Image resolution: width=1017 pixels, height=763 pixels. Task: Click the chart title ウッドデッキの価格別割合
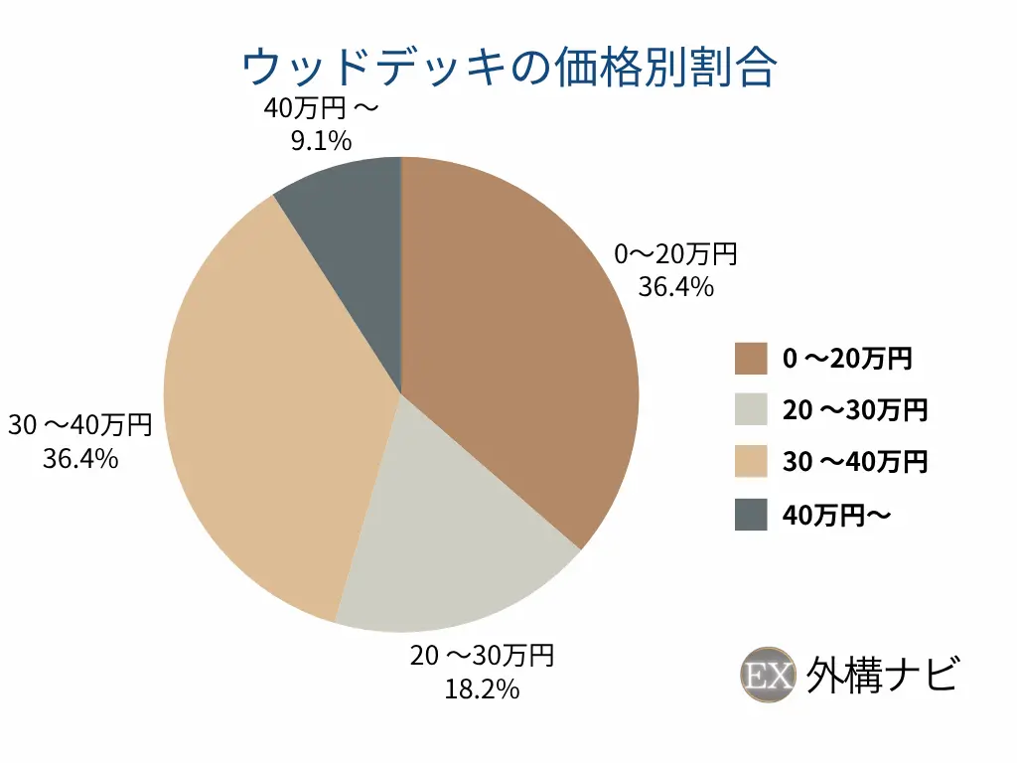509,68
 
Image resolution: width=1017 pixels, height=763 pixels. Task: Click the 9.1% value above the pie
321,141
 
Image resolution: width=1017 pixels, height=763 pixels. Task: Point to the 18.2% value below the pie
482,689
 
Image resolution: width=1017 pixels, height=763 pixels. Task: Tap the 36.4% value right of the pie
675,287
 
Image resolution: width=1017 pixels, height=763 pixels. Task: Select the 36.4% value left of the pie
80,459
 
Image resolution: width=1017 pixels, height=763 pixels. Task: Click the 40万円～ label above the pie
321,107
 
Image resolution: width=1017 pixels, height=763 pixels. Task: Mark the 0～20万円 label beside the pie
675,254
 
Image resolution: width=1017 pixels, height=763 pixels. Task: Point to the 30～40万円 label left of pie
80,425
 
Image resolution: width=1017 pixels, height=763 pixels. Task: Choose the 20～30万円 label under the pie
482,656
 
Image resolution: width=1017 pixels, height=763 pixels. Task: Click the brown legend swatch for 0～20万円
751,359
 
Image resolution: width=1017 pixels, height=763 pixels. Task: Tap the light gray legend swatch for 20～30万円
751,409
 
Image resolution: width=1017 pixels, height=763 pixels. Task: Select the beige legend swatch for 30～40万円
751,461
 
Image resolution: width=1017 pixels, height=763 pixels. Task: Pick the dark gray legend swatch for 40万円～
751,515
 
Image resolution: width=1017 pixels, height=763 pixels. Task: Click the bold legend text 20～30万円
855,410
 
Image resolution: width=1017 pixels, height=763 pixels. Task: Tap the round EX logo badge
768,675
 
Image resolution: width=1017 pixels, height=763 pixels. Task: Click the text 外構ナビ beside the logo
883,676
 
